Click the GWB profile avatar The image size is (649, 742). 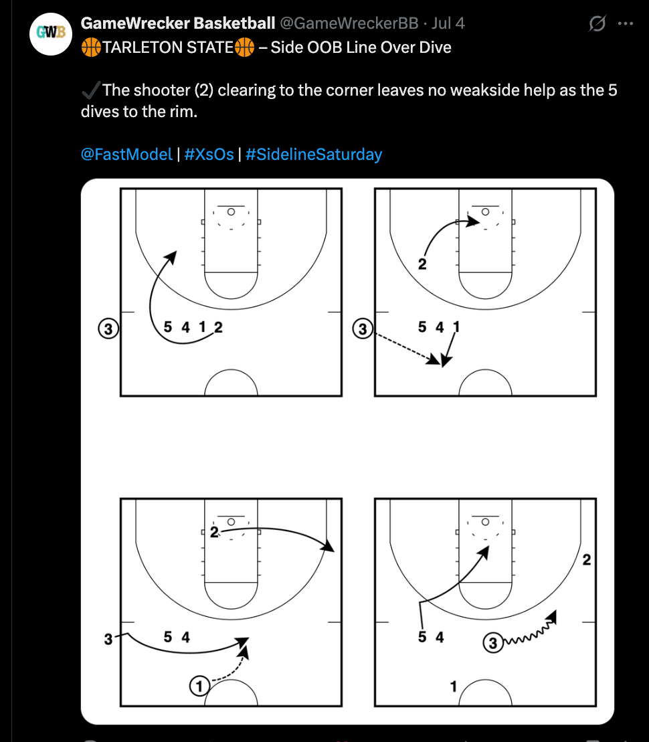[51, 34]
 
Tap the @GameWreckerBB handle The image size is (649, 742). [349, 23]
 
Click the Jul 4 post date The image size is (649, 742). [448, 23]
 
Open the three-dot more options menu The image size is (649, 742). [626, 23]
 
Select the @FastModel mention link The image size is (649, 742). [126, 155]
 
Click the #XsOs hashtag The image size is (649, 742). [209, 155]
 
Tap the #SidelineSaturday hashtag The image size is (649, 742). [314, 155]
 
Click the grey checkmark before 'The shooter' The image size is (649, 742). [91, 90]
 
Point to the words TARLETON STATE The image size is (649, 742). [168, 48]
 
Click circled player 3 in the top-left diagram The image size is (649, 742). [108, 329]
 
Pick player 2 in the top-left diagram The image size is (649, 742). [218, 327]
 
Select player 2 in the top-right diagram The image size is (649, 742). [422, 264]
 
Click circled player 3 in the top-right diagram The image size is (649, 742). [363, 329]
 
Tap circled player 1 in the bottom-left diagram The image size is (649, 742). [199, 686]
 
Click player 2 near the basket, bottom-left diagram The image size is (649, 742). [215, 533]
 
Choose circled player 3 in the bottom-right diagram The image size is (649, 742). [493, 642]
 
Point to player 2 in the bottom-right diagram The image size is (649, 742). [587, 560]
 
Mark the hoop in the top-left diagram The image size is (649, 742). [231, 211]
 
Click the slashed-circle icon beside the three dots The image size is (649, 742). [597, 23]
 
